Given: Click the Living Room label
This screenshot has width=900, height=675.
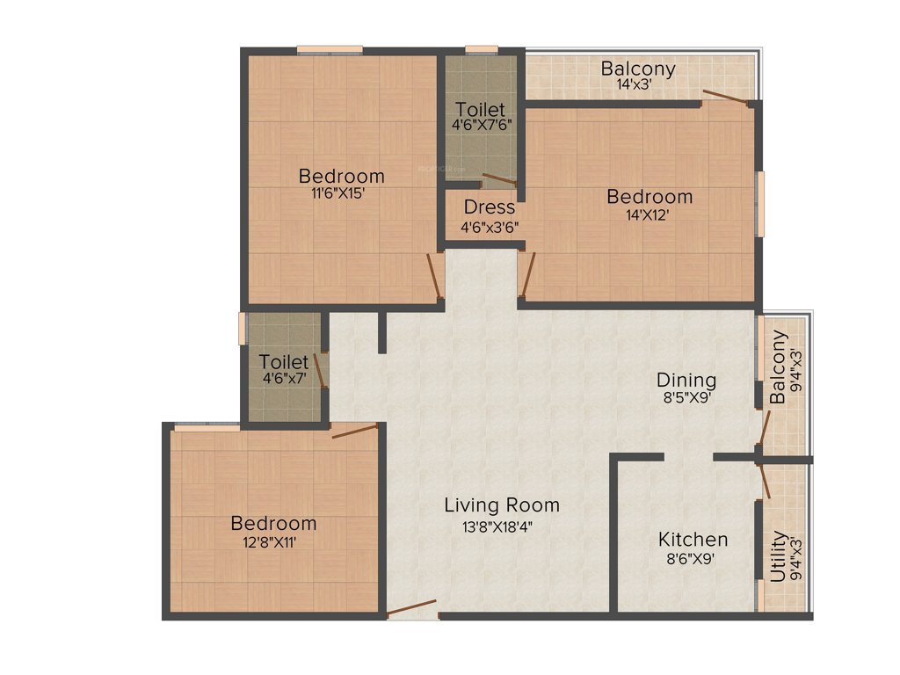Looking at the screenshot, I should click(501, 505).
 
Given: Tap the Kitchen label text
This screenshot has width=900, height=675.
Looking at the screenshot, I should click(693, 540).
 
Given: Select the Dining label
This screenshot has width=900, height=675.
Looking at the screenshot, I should click(686, 381).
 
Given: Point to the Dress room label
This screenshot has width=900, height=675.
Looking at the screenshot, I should click(489, 208).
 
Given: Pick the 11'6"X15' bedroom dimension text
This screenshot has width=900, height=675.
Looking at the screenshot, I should click(341, 194).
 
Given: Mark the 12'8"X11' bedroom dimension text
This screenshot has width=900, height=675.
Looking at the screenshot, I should click(273, 542).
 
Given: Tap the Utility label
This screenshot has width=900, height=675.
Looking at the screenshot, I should click(779, 556).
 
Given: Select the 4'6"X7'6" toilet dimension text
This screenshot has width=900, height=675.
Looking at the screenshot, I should click(481, 126).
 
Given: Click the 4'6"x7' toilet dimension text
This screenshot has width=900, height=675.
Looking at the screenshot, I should click(284, 379).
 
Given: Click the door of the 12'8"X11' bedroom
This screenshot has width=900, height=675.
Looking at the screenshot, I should click(354, 430).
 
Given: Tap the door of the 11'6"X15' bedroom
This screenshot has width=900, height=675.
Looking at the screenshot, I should click(433, 276).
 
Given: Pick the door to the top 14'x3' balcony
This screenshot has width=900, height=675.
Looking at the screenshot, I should click(726, 98).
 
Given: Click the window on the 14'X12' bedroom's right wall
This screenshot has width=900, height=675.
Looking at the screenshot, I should click(760, 203).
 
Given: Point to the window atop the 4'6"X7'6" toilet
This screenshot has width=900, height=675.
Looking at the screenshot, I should click(481, 50).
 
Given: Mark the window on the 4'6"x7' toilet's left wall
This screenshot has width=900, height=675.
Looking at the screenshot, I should click(243, 328).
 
